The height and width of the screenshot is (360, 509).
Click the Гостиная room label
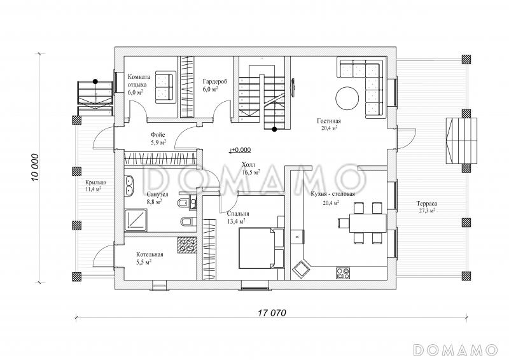[329, 121]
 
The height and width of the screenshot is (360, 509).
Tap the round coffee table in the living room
[347, 99]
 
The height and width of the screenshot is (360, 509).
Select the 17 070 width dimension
[272, 313]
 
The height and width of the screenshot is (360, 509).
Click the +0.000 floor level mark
[241, 150]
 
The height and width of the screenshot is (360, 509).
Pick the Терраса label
[426, 204]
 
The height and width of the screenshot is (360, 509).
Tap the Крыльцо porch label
[95, 183]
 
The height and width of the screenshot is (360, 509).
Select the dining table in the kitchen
[368, 223]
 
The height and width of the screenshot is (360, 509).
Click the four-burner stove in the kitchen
[343, 273]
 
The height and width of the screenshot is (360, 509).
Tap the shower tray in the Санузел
[136, 220]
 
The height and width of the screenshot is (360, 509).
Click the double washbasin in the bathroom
[130, 185]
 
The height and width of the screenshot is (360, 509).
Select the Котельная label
[150, 254]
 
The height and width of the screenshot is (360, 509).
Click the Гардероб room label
[215, 81]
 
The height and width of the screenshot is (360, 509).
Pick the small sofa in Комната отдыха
[165, 87]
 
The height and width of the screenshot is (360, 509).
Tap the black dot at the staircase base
[275, 129]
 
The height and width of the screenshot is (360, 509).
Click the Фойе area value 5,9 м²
[158, 142]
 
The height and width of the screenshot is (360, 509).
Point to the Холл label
[249, 165]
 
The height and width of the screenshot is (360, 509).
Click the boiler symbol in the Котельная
[187, 245]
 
